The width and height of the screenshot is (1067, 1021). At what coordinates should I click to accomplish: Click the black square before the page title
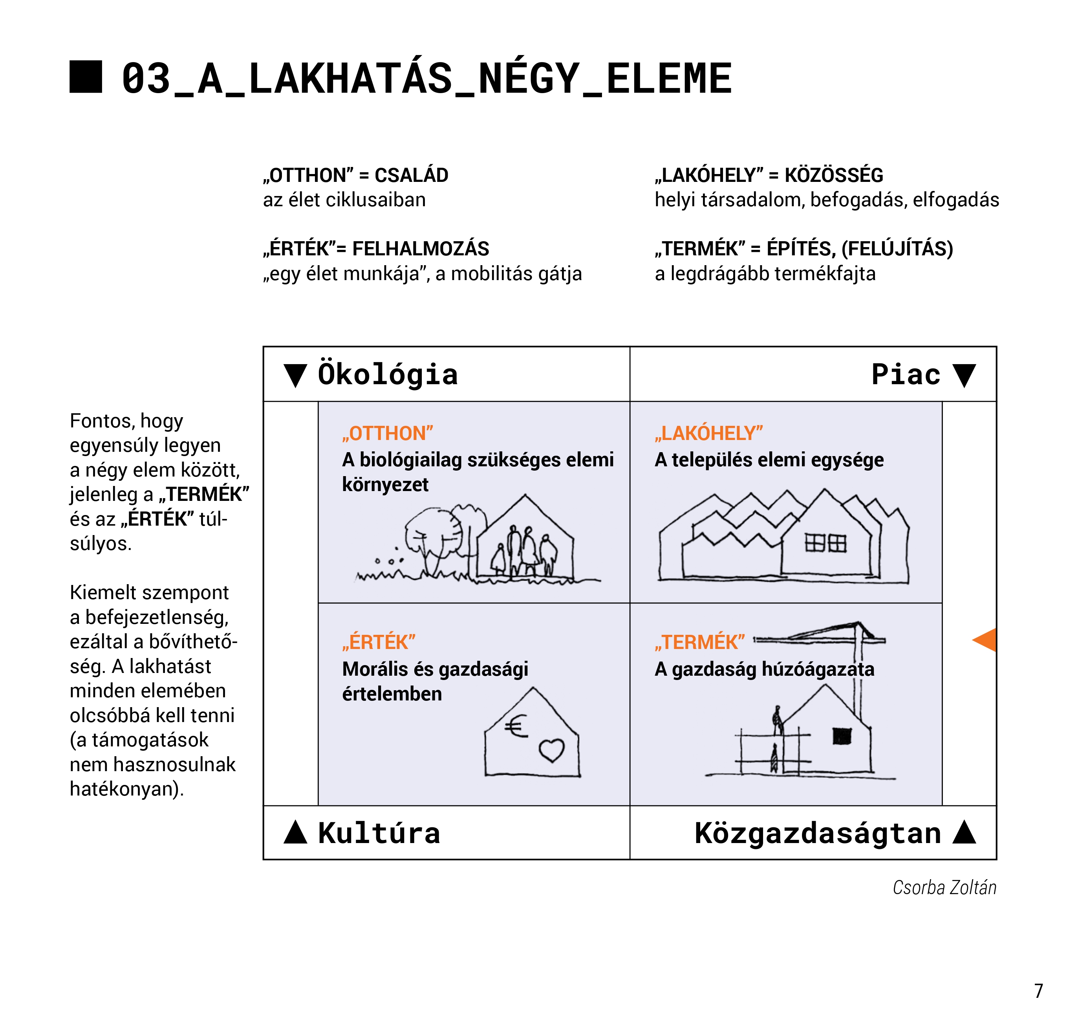click(x=86, y=77)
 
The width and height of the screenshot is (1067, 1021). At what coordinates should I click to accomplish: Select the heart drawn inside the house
click(x=552, y=750)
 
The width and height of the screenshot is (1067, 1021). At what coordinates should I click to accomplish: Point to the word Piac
click(x=906, y=374)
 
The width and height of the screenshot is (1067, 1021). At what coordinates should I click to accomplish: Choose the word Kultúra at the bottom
click(x=379, y=833)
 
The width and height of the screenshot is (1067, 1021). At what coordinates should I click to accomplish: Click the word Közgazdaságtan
click(x=818, y=833)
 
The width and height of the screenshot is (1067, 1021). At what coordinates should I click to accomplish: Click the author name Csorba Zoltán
click(x=944, y=888)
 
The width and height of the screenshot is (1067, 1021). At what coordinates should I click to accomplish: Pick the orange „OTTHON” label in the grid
click(x=387, y=433)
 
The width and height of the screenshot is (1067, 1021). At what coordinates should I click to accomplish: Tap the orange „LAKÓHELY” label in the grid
click(x=709, y=433)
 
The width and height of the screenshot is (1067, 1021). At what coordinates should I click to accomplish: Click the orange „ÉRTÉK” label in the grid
click(x=379, y=642)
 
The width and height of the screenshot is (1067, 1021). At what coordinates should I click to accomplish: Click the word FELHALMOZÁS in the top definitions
click(x=421, y=249)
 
